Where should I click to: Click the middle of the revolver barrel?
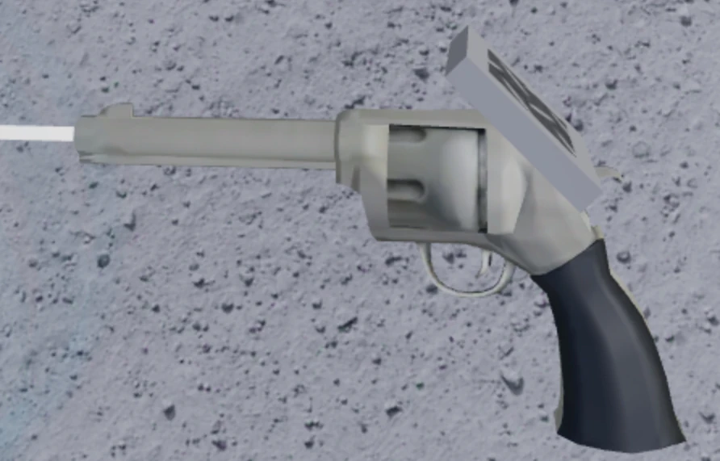210,141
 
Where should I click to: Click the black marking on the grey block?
533,97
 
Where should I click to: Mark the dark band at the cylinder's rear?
482,179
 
